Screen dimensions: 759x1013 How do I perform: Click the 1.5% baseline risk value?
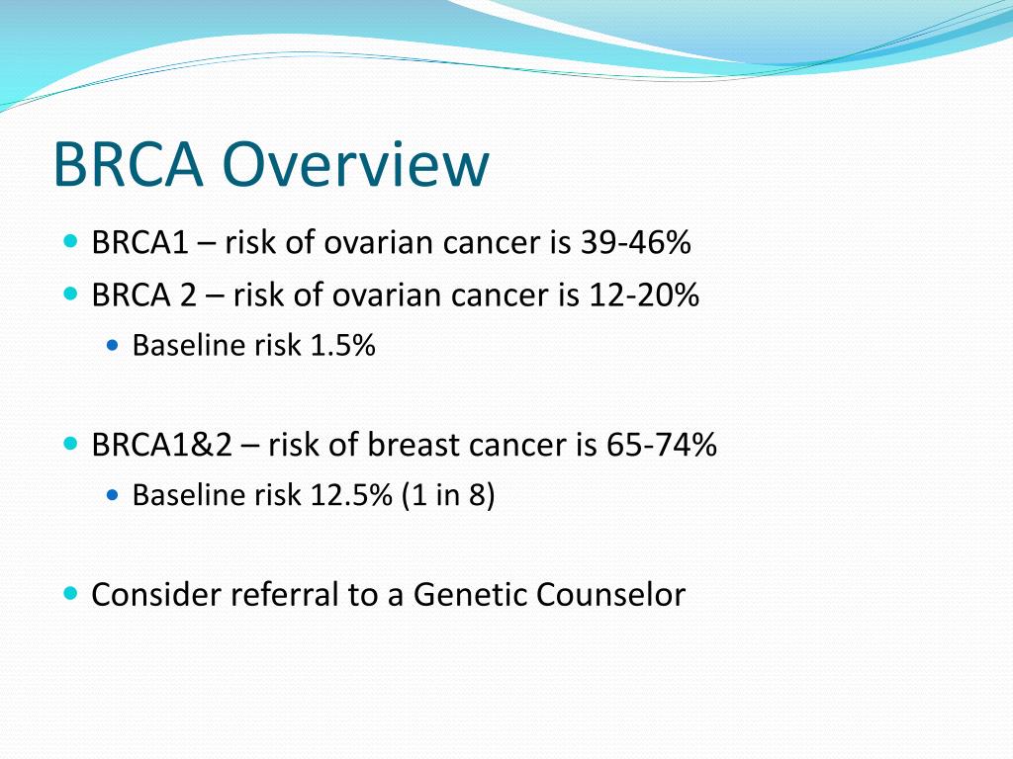[342, 346]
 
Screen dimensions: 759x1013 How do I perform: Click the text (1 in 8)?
[448, 495]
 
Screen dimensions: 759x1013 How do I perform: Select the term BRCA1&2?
[162, 446]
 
